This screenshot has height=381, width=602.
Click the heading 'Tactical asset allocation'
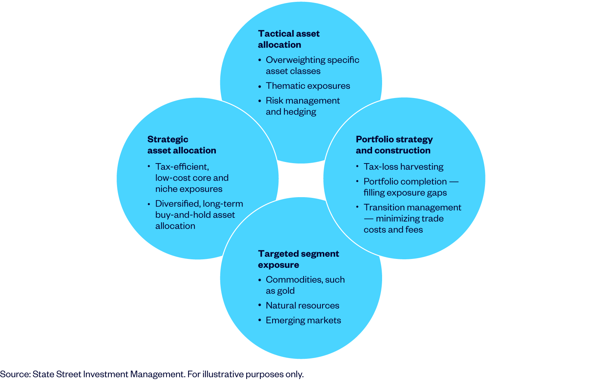click(288, 39)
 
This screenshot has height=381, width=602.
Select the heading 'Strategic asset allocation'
click(181, 145)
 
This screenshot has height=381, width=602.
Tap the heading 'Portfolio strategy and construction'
click(394, 145)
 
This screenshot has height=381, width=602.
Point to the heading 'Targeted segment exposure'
click(298, 259)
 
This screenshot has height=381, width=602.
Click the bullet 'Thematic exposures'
click(308, 86)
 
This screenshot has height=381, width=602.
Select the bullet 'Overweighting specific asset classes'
click(312, 65)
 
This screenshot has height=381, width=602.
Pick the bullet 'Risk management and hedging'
click(302, 106)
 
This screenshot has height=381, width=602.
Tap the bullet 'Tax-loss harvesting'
click(403, 167)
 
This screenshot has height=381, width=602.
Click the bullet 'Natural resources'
click(302, 306)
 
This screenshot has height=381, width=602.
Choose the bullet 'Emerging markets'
click(303, 320)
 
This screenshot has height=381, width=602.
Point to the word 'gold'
click(285, 291)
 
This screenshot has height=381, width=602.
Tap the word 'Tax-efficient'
click(182, 167)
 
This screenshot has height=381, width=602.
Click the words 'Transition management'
click(412, 208)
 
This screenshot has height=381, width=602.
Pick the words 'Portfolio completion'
click(405, 182)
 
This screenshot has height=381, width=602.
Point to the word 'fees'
click(414, 230)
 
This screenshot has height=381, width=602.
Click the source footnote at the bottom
click(152, 374)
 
